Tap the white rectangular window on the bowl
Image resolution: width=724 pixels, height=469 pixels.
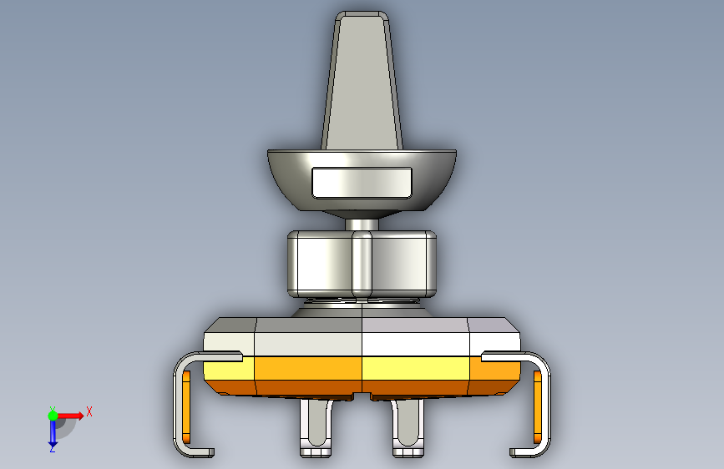[x=362, y=183]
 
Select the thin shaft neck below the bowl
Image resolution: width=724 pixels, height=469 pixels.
[x=362, y=224]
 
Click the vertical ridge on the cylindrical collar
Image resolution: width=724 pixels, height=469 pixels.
[x=362, y=264]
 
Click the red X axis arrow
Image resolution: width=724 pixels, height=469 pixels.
[x=70, y=416]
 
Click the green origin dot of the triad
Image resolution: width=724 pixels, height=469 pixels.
[x=53, y=416]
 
